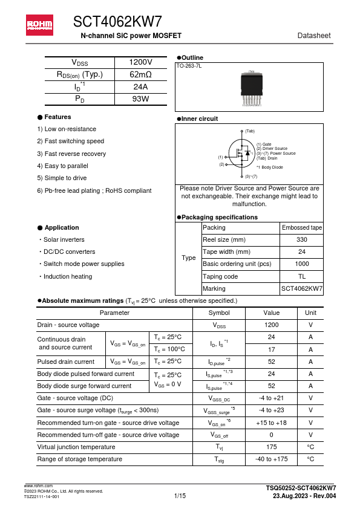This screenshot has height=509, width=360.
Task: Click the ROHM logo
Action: coord(39,25)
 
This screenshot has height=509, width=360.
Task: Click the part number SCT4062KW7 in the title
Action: coord(117,22)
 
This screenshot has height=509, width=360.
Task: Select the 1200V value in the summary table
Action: coord(140,63)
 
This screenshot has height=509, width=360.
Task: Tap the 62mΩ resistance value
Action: coord(140,75)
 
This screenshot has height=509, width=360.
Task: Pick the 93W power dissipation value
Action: coord(140,99)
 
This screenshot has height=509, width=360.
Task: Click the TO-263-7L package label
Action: coord(189,65)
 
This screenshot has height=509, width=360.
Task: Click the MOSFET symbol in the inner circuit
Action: coord(242,154)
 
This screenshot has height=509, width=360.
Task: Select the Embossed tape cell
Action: coord(302,228)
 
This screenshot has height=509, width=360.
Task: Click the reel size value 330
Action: coord(302,240)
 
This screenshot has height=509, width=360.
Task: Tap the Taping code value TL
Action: coord(302,276)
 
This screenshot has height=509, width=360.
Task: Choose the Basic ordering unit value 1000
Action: coord(302,264)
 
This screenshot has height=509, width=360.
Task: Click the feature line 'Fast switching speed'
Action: coord(70,141)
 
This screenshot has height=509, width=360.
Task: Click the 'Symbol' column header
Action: coord(218,313)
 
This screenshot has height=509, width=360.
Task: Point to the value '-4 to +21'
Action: coord(271,398)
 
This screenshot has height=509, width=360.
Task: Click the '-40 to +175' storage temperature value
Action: coord(271,459)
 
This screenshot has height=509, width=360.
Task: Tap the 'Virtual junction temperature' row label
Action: coord(76,447)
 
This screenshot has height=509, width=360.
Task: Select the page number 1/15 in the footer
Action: coord(180,496)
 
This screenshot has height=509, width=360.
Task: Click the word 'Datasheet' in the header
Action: coord(314,36)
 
